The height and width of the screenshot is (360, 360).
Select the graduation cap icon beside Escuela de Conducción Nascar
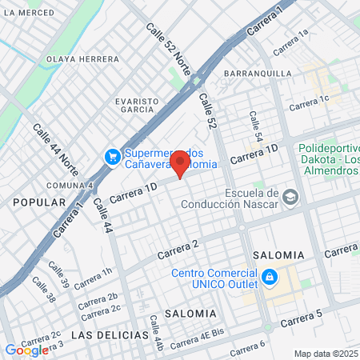point(290,197)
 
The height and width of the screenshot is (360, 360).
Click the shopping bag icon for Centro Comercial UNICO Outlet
point(270,277)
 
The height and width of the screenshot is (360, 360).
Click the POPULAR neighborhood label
point(38,203)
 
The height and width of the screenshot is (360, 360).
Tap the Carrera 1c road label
point(309,102)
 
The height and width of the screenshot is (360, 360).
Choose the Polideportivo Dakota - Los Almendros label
point(328,160)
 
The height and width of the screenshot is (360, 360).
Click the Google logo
point(26,350)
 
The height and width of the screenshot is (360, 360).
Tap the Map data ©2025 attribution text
point(326,354)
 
